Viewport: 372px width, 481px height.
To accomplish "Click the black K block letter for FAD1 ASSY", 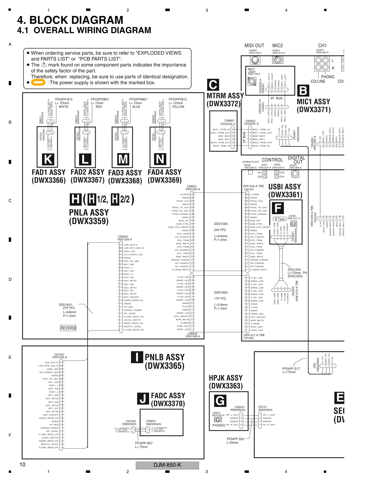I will (x=48, y=159).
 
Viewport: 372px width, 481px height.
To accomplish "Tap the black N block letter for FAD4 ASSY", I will (x=160, y=159).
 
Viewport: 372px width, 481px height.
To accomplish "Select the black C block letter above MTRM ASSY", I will (x=213, y=85).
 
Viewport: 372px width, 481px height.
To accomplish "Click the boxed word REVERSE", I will (x=68, y=328).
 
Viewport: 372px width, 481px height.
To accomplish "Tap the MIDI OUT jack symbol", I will (x=254, y=60).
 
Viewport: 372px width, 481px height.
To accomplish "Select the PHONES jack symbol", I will (x=218, y=420).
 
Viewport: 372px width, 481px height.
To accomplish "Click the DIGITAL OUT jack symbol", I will (x=295, y=174).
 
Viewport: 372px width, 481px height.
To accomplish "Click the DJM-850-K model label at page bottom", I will (x=167, y=465).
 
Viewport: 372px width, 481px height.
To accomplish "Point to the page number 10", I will (x=22, y=465).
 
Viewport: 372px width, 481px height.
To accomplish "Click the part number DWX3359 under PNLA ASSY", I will (x=89, y=221).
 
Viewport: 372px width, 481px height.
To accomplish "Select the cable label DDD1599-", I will (x=221, y=224).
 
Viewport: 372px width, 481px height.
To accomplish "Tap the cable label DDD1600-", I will (x=221, y=293).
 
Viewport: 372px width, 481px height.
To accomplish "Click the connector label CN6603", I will (x=123, y=237).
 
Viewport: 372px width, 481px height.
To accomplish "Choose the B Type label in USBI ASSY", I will (x=280, y=219).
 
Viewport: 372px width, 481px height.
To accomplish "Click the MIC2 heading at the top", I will (x=277, y=46).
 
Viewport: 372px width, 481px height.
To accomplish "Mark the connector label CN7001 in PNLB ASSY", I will (x=59, y=354).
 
